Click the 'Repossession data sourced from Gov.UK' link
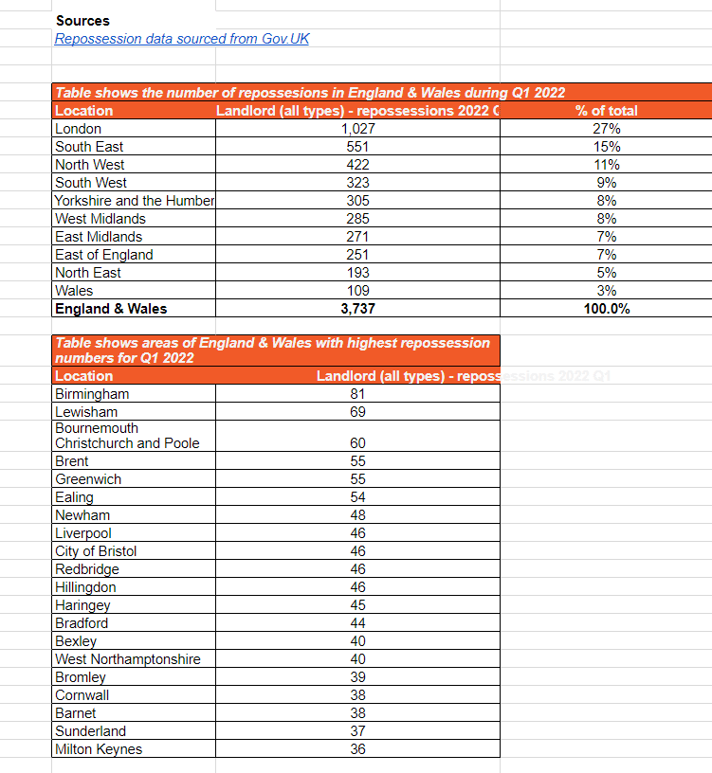pyautogui.click(x=182, y=39)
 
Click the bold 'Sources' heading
pyautogui.click(x=82, y=21)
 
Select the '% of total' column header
pyautogui.click(x=606, y=111)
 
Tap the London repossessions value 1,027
pyautogui.click(x=357, y=129)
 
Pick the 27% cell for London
pyautogui.click(x=606, y=129)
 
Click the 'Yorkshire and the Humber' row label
pyautogui.click(x=135, y=201)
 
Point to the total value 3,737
pyautogui.click(x=357, y=309)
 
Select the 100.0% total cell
pyautogui.click(x=606, y=309)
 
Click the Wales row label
pyautogui.click(x=74, y=291)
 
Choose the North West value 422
pyautogui.click(x=357, y=165)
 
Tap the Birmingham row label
pyautogui.click(x=92, y=394)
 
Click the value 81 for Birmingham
pyautogui.click(x=357, y=394)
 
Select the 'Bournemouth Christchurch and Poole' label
pyautogui.click(x=127, y=436)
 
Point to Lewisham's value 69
pyautogui.click(x=357, y=412)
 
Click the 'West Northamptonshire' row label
pyautogui.click(x=128, y=659)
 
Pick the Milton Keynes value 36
pyautogui.click(x=357, y=749)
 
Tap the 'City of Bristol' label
pyautogui.click(x=96, y=551)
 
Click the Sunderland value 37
pyautogui.click(x=357, y=731)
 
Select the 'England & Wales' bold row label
pyautogui.click(x=111, y=309)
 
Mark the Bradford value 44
pyautogui.click(x=357, y=623)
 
